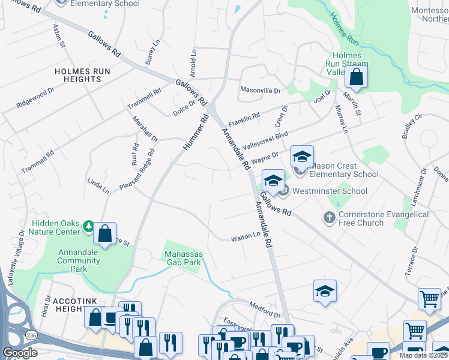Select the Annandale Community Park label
click(81, 260)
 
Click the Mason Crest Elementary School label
click(343, 170)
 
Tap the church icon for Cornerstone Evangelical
click(329, 217)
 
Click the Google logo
click(20, 353)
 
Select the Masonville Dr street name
click(261, 90)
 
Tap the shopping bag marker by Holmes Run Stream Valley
click(356, 77)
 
